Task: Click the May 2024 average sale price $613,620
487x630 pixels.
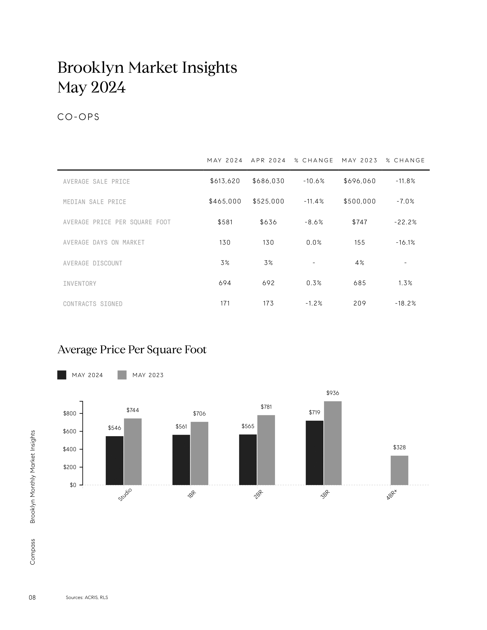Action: [x=225, y=181]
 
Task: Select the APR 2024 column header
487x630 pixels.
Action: [x=268, y=160]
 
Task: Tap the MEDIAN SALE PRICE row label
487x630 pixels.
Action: [x=95, y=202]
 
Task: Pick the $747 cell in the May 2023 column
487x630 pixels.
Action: [x=360, y=222]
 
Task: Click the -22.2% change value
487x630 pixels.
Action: [x=405, y=222]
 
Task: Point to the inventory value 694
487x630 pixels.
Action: [x=225, y=283]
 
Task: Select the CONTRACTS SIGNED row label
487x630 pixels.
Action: [x=93, y=304]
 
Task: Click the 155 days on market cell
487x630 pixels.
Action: [x=360, y=242]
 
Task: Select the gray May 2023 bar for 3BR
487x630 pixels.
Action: [x=333, y=443]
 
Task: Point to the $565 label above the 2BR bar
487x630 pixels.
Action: [x=248, y=426]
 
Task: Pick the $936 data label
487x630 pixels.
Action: [x=333, y=393]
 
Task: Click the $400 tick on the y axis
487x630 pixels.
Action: [x=70, y=449]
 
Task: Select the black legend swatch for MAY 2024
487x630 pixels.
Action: [x=62, y=375]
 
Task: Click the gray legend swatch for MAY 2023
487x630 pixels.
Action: [x=122, y=375]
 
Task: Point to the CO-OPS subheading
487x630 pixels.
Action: [x=78, y=117]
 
